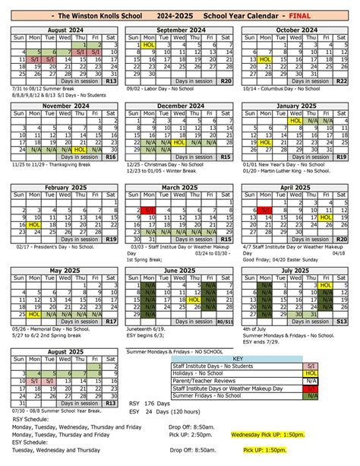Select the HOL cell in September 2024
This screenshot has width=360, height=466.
pyautogui.click(x=149, y=46)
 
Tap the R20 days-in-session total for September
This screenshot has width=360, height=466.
pyautogui.click(x=225, y=81)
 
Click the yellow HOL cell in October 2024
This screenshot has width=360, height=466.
pyautogui.click(x=265, y=59)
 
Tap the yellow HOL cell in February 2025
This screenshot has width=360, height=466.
pyautogui.click(x=33, y=225)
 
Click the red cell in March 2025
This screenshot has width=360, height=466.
pyautogui.click(x=149, y=211)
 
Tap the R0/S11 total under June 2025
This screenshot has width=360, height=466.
pyautogui.click(x=225, y=322)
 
